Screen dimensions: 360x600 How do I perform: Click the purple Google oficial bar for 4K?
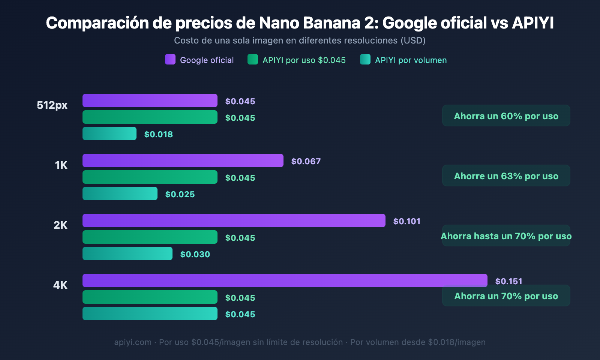pyautogui.click(x=285, y=280)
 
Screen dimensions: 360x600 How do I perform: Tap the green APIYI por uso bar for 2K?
pyautogui.click(x=150, y=237)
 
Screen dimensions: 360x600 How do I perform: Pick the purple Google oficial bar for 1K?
pyautogui.click(x=183, y=160)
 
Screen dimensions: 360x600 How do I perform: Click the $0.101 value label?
pyautogui.click(x=406, y=221)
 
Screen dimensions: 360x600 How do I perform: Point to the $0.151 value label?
pyautogui.click(x=508, y=281)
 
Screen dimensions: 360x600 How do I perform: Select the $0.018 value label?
pyautogui.click(x=158, y=134)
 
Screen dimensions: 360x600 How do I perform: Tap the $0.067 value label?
pyautogui.click(x=306, y=161)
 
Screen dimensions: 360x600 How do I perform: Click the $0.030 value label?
pyautogui.click(x=195, y=254)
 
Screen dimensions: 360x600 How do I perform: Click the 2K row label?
pyautogui.click(x=60, y=225)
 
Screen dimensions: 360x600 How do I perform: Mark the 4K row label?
pyautogui.click(x=60, y=285)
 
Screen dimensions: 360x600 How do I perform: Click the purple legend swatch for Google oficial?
pyautogui.click(x=170, y=60)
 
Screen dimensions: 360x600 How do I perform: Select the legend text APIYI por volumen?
pyautogui.click(x=411, y=60)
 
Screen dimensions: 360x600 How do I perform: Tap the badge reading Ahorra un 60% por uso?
pyautogui.click(x=506, y=116)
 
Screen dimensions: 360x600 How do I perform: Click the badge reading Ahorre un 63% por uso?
pyautogui.click(x=506, y=176)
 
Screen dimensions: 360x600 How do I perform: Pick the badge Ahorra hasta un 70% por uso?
pyautogui.click(x=506, y=236)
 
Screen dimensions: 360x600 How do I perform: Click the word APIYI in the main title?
pyautogui.click(x=532, y=23)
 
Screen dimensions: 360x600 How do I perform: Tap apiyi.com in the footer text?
pyautogui.click(x=133, y=342)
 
